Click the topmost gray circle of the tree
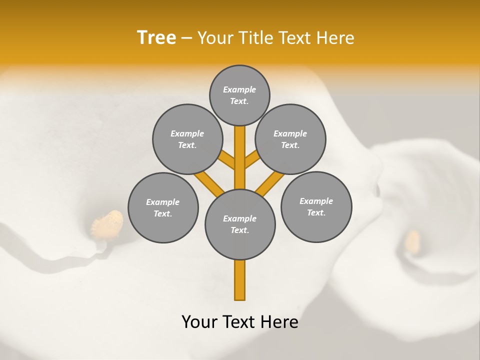[x=239, y=95]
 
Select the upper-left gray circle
[x=187, y=139]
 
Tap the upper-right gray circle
[x=290, y=139]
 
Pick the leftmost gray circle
[x=163, y=207]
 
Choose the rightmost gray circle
[x=316, y=206]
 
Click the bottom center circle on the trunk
[x=240, y=224]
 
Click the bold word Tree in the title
[x=156, y=37]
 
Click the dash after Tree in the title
[x=186, y=38]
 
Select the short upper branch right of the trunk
[x=252, y=159]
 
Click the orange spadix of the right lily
[x=412, y=241]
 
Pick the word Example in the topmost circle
[x=239, y=89]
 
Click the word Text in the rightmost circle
[x=316, y=212]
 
